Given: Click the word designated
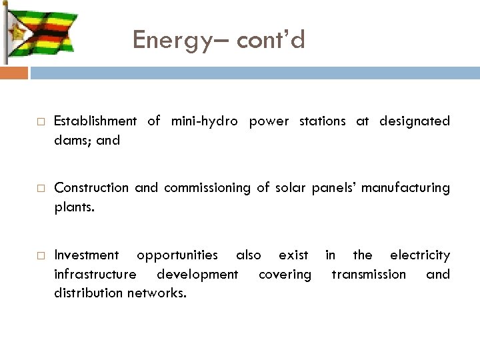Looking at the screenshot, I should point(415,121).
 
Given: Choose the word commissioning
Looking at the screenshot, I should point(194,188).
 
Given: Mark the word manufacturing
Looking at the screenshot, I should point(407,188).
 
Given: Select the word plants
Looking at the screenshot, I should point(74,207).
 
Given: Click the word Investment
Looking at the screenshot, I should point(87,255).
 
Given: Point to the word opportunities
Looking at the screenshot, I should point(177,255).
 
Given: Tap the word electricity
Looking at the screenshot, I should point(420,255).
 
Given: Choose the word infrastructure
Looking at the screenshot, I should point(96,274).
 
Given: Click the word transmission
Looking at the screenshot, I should point(369,274).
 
